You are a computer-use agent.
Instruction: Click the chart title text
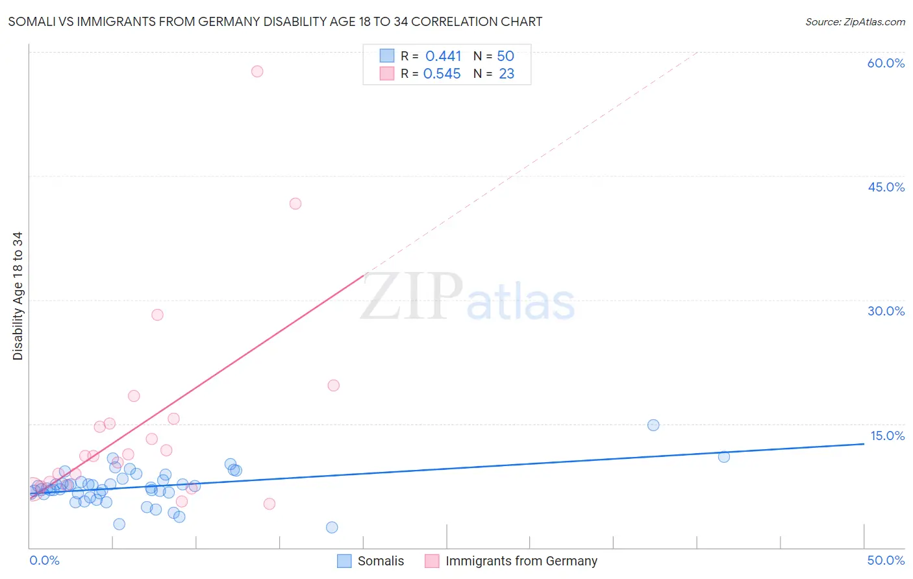coord(275,21)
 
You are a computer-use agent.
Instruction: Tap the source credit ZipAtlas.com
coord(855,21)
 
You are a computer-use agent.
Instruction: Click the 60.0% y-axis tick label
coord(886,63)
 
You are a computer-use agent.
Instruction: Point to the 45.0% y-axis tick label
coord(886,187)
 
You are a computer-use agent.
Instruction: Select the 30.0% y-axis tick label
coord(886,311)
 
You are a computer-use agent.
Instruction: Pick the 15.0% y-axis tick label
coord(887,436)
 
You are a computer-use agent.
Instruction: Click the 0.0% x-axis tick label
coord(45,560)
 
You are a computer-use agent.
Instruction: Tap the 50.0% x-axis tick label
coord(886,560)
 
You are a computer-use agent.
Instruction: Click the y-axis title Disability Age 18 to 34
coord(18,296)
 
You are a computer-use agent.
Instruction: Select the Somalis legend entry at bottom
coord(371,561)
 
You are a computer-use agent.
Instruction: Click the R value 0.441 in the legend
coord(443,56)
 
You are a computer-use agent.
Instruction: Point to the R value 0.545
coord(442,74)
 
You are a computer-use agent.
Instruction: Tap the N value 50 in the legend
coord(505,56)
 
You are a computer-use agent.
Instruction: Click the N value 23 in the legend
coord(507,74)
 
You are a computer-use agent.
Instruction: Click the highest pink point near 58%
coord(257,71)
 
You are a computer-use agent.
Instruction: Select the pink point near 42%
coord(295,204)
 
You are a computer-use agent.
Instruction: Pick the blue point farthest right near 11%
coord(724,457)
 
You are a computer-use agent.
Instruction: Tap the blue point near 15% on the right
coord(653,425)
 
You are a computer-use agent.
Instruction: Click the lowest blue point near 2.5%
coord(332,528)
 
